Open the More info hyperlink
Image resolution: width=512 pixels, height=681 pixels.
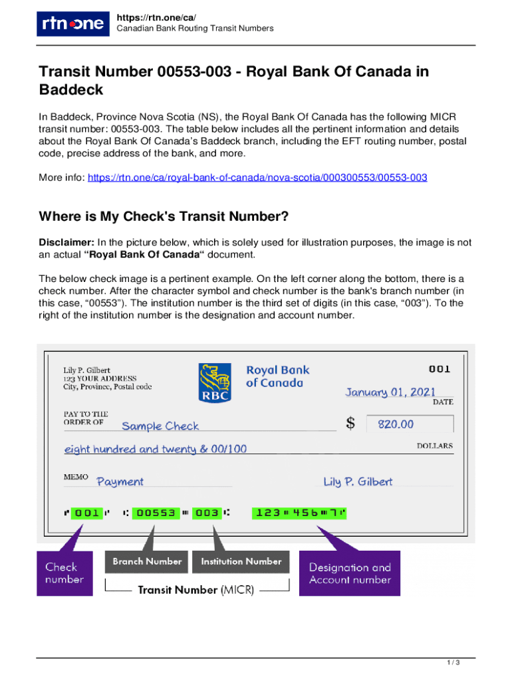point(257,178)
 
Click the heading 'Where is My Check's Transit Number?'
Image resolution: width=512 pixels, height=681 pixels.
point(164,216)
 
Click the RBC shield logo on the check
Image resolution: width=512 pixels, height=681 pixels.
point(215,382)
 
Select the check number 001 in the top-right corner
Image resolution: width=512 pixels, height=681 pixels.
point(439,368)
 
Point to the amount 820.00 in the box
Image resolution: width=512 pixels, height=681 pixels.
point(396,424)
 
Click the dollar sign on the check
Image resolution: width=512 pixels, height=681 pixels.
point(350,423)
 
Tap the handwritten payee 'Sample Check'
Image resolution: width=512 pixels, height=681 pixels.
point(160,426)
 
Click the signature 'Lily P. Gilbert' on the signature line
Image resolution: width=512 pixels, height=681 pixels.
point(358,481)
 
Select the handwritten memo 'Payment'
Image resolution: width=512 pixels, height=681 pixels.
point(120,481)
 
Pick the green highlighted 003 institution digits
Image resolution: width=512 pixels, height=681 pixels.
point(207,513)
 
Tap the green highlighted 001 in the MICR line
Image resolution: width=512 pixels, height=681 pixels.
point(86,513)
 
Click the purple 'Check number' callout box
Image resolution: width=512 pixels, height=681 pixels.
point(64,573)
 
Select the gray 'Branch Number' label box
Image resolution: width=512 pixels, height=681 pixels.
point(147,561)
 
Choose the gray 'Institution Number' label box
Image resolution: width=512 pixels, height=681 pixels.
point(241,561)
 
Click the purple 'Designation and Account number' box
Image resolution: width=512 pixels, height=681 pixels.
point(350,573)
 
